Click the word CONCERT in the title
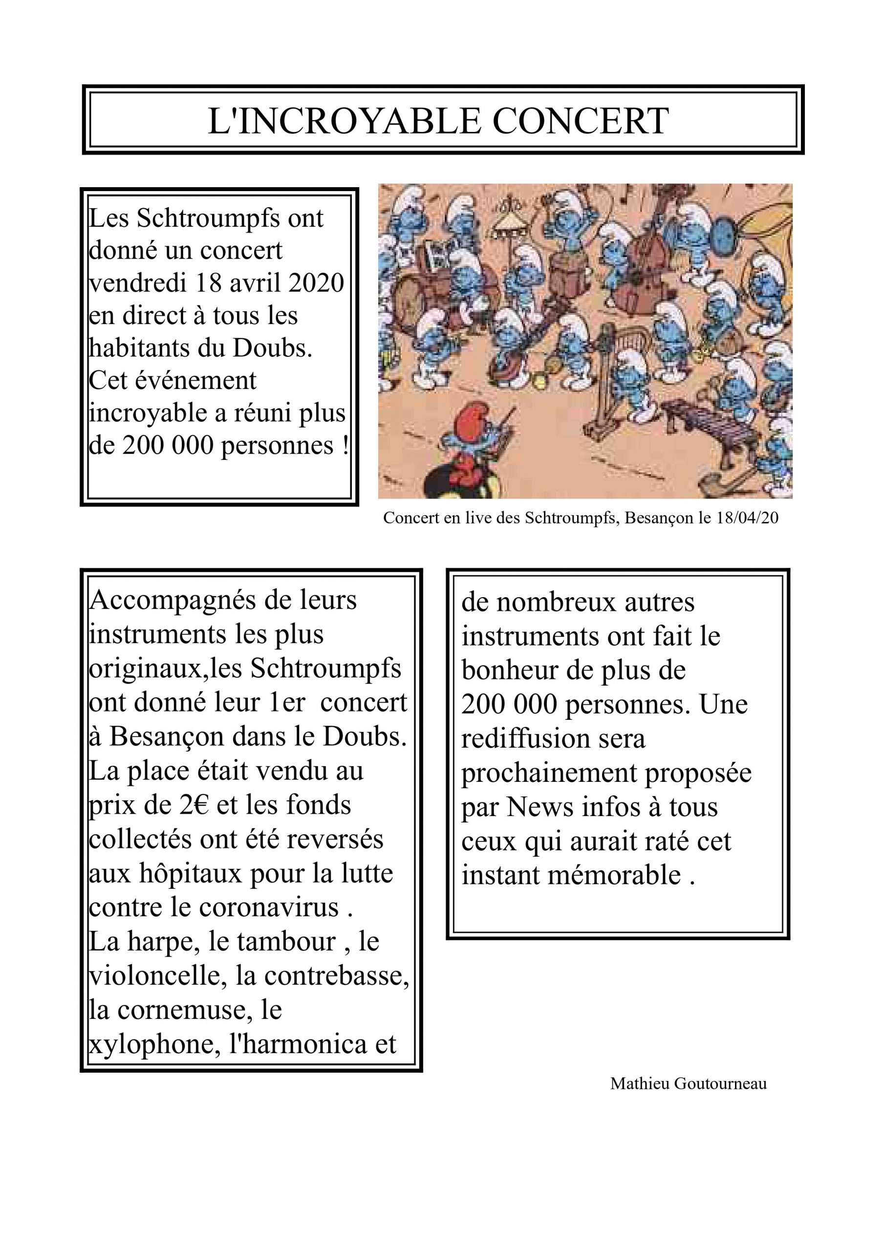pyautogui.click(x=581, y=121)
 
